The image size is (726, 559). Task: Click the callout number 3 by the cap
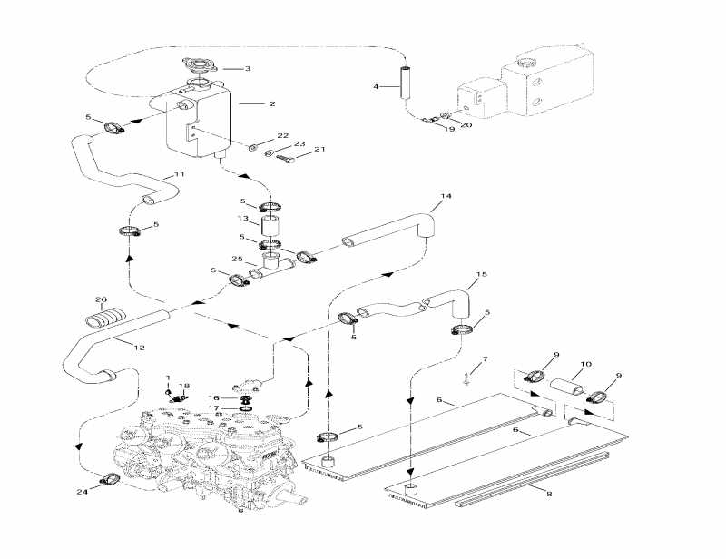[x=248, y=68]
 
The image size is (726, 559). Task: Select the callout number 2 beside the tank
[x=271, y=103]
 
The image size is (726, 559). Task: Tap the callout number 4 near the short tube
[x=375, y=86]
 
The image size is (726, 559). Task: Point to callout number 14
[x=445, y=195]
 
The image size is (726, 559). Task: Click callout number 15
[x=482, y=274]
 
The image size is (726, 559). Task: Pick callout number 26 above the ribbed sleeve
[x=101, y=300]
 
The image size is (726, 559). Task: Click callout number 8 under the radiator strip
[x=548, y=493]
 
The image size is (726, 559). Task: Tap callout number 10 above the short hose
[x=585, y=364]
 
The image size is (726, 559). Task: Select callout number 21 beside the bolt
[x=319, y=150]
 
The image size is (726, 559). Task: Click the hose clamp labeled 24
[x=109, y=478]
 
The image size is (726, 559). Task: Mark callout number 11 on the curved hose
[x=179, y=174]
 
